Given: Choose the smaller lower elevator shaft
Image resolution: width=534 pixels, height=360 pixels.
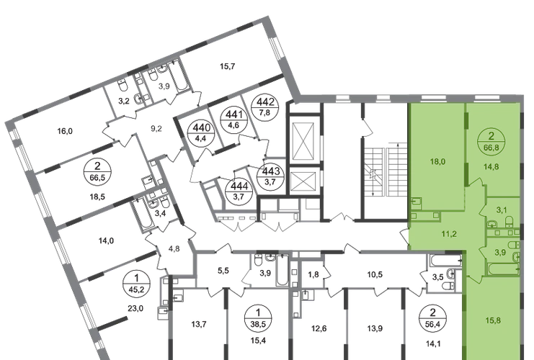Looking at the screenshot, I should [x=303, y=181].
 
